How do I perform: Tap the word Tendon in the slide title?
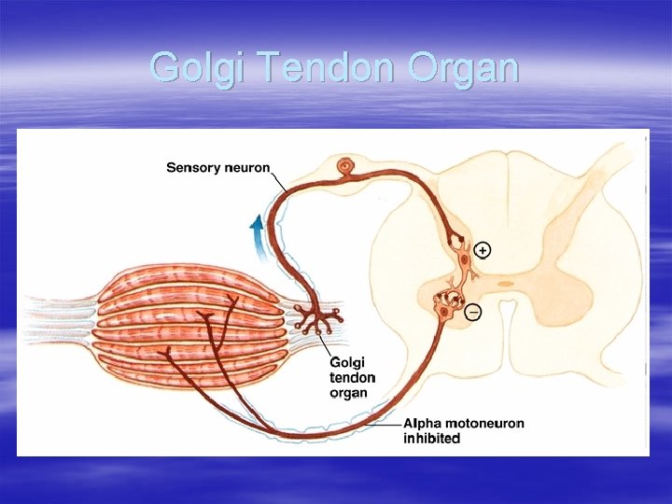pyautogui.click(x=301, y=67)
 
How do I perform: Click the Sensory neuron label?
pyautogui.click(x=218, y=168)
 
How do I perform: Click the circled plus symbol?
pyautogui.click(x=483, y=249)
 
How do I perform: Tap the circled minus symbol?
pyautogui.click(x=473, y=311)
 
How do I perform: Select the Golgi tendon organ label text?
pyautogui.click(x=353, y=377)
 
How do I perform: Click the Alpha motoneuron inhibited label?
pyautogui.click(x=464, y=430)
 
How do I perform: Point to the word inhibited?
pyautogui.click(x=432, y=439)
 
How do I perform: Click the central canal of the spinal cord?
pyautogui.click(x=505, y=283)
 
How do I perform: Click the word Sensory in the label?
pyautogui.click(x=192, y=168)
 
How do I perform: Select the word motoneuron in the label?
pyautogui.click(x=484, y=423)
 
